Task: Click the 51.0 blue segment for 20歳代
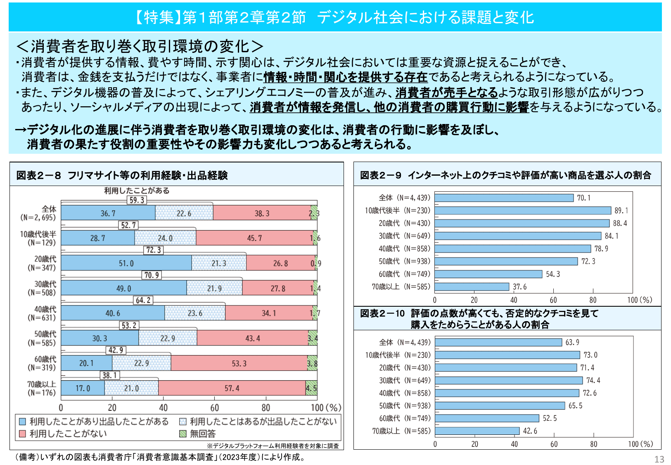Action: coord(126,263)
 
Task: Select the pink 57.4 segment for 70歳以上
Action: coord(232,388)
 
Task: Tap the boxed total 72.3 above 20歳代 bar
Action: coord(154,250)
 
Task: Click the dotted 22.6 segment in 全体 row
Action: coord(184,213)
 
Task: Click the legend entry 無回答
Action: coord(202,434)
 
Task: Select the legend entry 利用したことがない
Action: coord(68,434)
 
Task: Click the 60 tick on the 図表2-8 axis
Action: coord(214,408)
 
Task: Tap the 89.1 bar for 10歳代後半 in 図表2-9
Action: coord(522,210)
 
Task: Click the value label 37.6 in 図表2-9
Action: coord(519,287)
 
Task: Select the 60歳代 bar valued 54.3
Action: coord(488,274)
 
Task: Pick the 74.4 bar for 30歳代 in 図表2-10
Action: coord(509,380)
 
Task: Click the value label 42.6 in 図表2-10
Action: coord(530,431)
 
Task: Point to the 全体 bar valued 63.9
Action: coord(498,342)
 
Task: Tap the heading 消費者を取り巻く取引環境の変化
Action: coord(140,46)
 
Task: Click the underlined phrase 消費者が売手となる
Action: coord(446,92)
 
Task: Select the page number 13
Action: coord(659,459)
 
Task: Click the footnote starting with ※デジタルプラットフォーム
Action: coord(273,446)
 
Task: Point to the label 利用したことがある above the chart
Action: coord(137,191)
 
